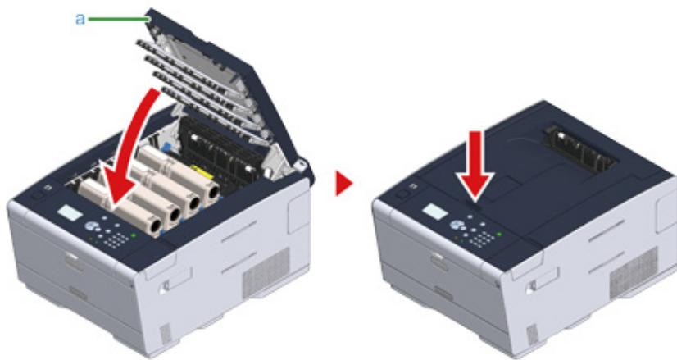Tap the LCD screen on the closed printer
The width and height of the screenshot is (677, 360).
coord(435,212)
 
